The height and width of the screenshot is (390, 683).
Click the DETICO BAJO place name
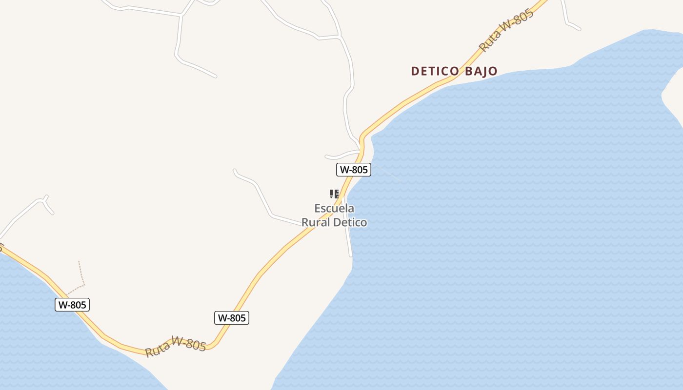click(x=454, y=71)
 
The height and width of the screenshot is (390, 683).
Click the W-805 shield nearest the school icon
click(x=354, y=170)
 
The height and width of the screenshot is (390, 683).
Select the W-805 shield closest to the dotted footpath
click(x=72, y=305)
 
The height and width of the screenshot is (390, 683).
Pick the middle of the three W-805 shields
click(x=232, y=318)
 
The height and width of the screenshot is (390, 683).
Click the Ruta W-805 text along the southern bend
click(x=176, y=347)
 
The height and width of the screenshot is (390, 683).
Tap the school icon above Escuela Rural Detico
click(x=334, y=194)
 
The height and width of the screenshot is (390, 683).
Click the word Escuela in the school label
click(x=334, y=209)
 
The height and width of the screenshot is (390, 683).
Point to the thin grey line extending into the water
click(x=388, y=174)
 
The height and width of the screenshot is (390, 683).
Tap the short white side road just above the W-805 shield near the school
click(x=341, y=155)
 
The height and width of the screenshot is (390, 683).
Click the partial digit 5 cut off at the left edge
click(x=1, y=248)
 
